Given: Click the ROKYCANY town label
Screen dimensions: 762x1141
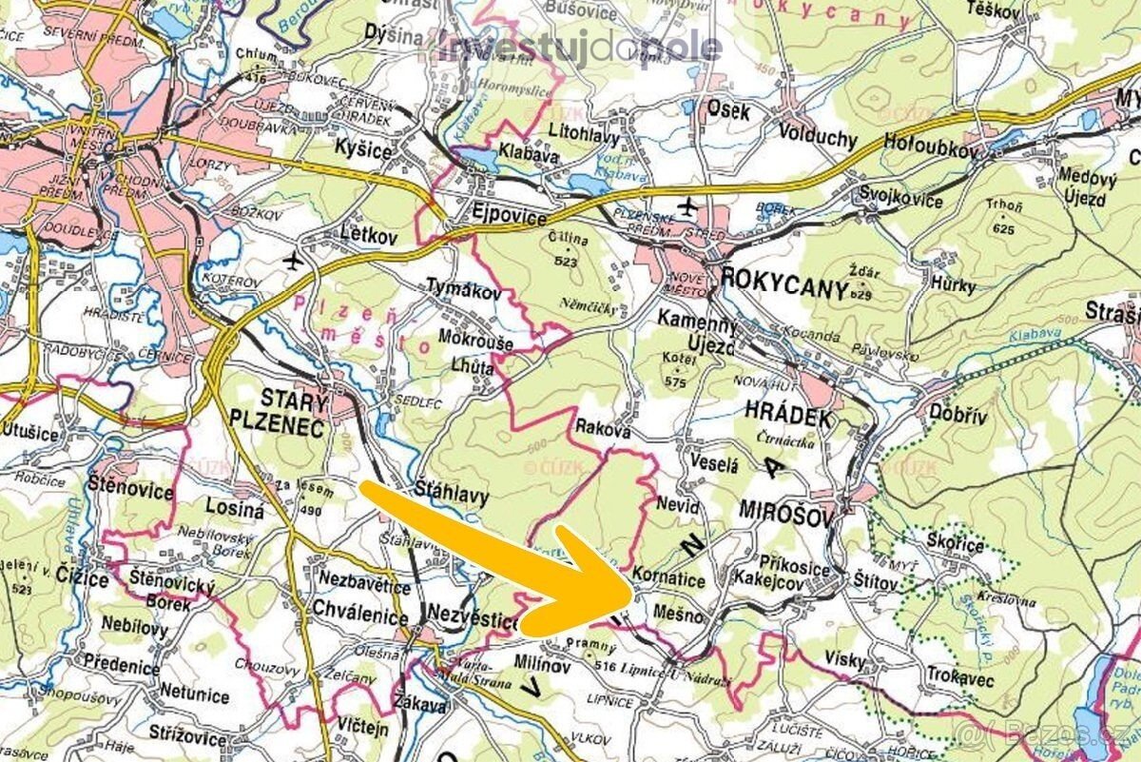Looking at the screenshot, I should coord(784,283).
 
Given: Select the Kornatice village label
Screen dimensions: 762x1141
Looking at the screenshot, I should coord(668,578).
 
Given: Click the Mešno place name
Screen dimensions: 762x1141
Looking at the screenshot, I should coord(679,616).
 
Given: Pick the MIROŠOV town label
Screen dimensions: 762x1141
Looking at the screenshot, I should coord(785,515).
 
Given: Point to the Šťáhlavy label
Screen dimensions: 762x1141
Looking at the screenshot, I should coord(452,495).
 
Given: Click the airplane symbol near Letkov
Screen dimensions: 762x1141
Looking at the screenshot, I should coord(293,259).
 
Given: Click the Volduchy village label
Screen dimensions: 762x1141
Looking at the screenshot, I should coord(817,136).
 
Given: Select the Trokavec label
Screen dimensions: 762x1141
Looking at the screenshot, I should coord(960,681).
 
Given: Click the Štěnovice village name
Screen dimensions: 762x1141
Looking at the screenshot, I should coord(130,492).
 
